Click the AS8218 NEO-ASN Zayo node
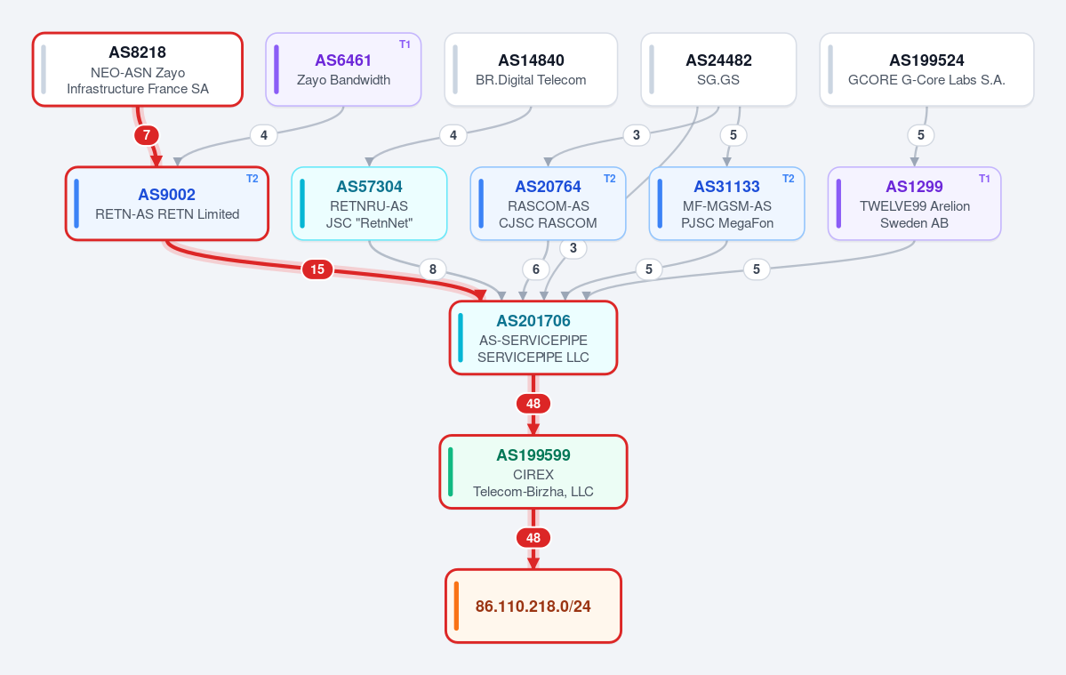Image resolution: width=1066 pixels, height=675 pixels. (x=137, y=69)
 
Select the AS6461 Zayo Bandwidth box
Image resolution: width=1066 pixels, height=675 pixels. (x=343, y=69)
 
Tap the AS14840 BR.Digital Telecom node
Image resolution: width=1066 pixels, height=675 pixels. (x=531, y=69)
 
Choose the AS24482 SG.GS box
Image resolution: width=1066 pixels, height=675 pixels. (x=718, y=69)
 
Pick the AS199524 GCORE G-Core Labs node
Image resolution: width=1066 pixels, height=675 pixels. (x=926, y=69)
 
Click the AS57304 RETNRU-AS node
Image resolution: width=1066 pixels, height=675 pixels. (x=369, y=204)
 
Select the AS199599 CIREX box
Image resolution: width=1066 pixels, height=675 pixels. (x=533, y=471)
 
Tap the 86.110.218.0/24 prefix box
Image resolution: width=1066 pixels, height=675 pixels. (x=533, y=606)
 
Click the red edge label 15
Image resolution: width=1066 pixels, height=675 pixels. (x=317, y=269)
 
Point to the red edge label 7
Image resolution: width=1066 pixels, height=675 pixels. (x=146, y=135)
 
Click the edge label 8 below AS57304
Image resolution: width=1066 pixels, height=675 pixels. (x=432, y=269)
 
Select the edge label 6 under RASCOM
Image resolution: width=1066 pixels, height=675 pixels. (x=536, y=269)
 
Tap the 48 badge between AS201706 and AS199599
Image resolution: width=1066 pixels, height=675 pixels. (x=533, y=404)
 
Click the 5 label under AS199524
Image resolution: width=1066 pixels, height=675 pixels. (x=920, y=135)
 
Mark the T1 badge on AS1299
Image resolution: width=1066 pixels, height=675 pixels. (x=984, y=179)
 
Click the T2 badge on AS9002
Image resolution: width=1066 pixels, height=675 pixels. (x=252, y=179)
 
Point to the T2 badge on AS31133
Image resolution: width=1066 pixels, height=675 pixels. (x=788, y=179)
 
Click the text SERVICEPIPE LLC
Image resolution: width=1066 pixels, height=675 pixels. (x=533, y=357)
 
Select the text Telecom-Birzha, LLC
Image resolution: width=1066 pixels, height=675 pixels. (x=533, y=492)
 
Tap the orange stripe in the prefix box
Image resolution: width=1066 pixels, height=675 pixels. (x=456, y=606)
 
